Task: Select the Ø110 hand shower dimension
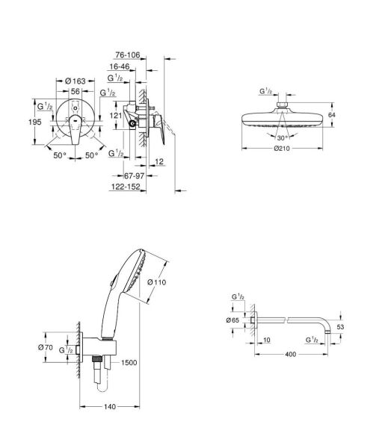click(x=158, y=282)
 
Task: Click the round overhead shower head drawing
click(x=282, y=119)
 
